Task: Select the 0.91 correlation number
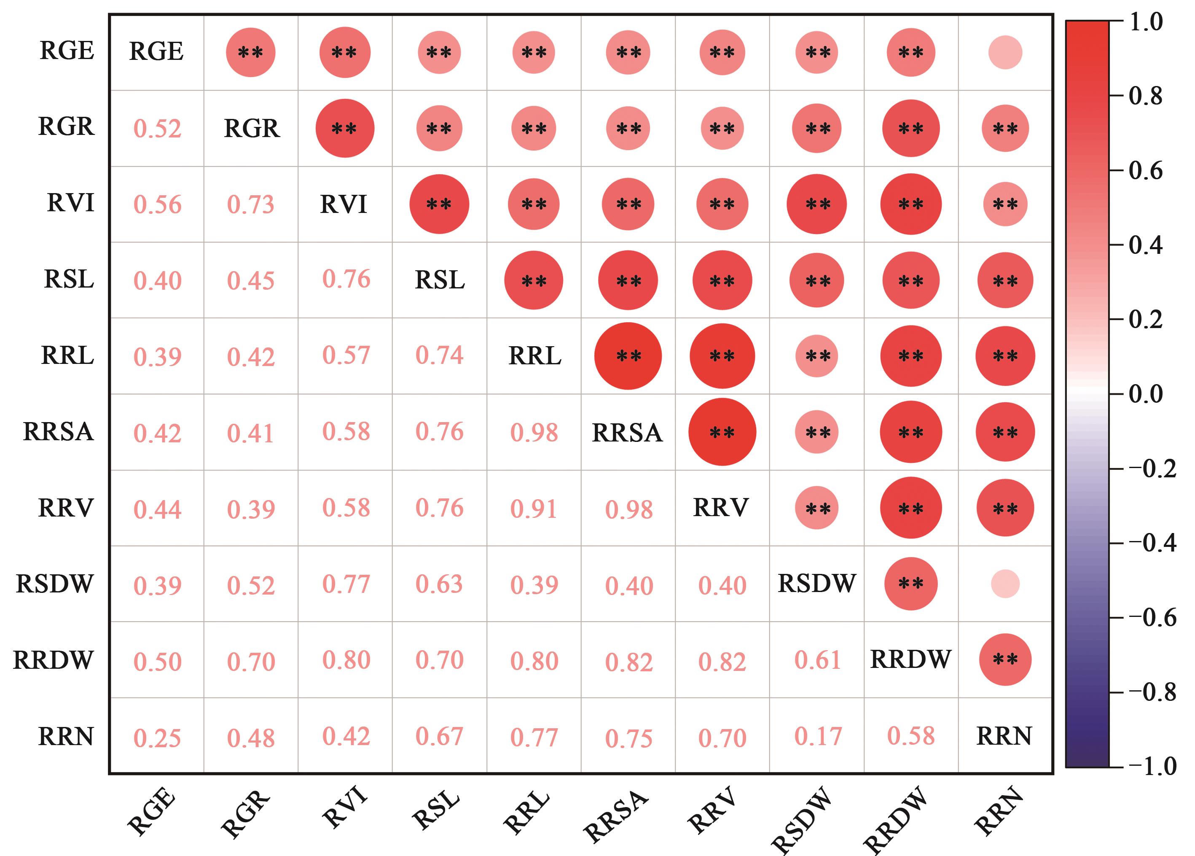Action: click(x=534, y=509)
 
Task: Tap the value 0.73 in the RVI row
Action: click(x=251, y=205)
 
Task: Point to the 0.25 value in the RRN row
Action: click(x=157, y=738)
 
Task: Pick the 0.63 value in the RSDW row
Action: click(x=439, y=584)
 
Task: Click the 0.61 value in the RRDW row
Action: click(x=818, y=660)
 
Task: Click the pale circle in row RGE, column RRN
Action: click(x=1005, y=53)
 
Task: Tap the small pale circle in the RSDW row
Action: click(x=1005, y=584)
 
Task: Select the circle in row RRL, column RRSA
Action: click(x=628, y=356)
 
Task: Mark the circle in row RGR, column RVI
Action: click(x=345, y=129)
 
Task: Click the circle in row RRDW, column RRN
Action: click(x=1005, y=659)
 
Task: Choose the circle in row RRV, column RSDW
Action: click(x=817, y=508)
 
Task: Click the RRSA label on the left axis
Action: click(x=59, y=432)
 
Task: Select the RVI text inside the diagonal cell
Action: click(x=344, y=205)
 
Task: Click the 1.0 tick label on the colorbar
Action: click(x=1146, y=22)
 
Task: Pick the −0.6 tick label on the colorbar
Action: click(x=1152, y=618)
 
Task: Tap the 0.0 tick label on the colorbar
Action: click(x=1146, y=394)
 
